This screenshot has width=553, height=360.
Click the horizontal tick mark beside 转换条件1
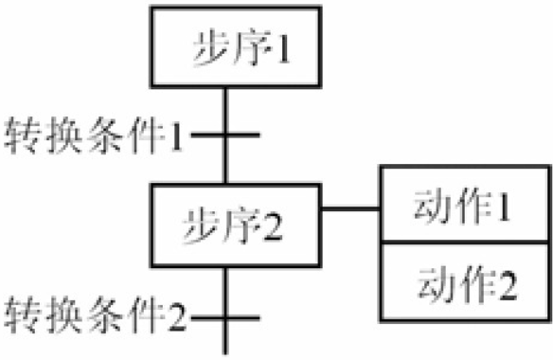225,135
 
